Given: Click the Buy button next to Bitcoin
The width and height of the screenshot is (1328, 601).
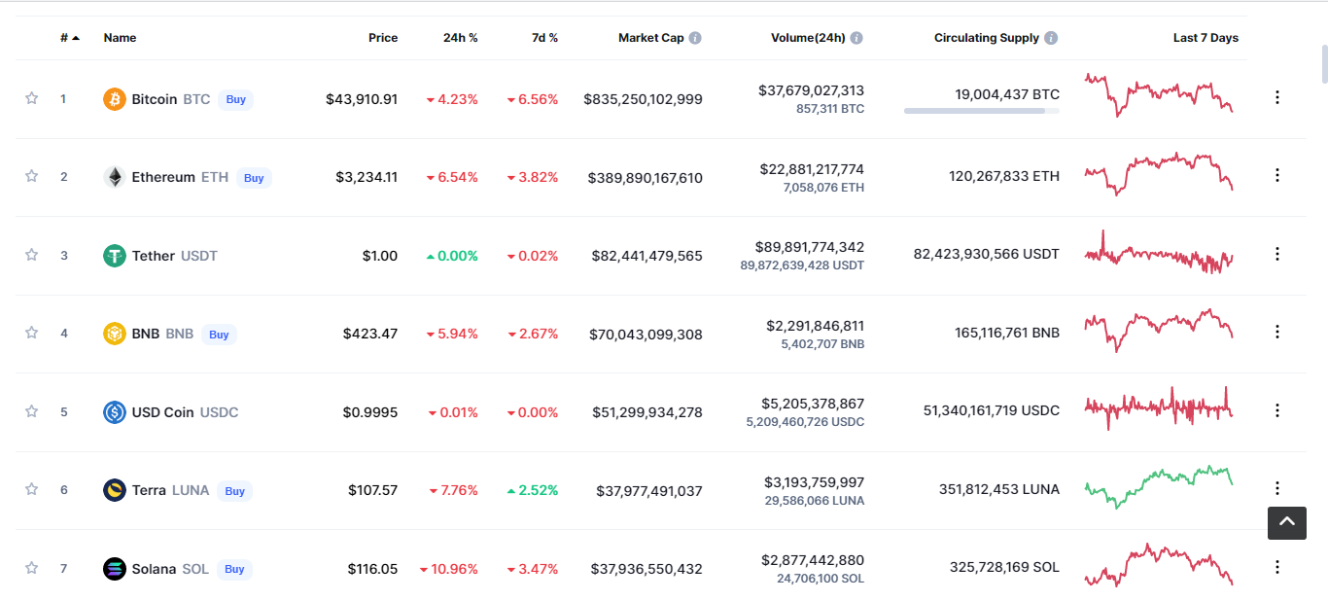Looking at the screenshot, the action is pyautogui.click(x=235, y=99).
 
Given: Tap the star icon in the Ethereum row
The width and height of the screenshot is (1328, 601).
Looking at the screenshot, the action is pyautogui.click(x=31, y=176).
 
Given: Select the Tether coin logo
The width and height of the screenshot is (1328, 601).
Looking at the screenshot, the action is pyautogui.click(x=115, y=256).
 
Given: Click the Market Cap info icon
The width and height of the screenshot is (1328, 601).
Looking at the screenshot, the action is pyautogui.click(x=695, y=38).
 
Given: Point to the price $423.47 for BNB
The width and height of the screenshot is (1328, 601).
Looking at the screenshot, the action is pyautogui.click(x=370, y=334).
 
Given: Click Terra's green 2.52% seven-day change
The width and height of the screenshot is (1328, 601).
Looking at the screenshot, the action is pyautogui.click(x=533, y=490).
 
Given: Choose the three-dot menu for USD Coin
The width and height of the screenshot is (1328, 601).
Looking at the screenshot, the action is pyautogui.click(x=1277, y=410).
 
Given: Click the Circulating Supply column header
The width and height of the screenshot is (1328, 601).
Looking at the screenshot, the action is pyautogui.click(x=987, y=38).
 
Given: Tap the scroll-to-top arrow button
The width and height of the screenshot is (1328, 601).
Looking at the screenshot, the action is pyautogui.click(x=1286, y=522).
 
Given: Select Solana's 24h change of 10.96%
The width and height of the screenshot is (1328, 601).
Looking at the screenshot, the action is pyautogui.click(x=448, y=569).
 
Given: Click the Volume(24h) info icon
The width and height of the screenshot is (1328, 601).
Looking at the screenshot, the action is pyautogui.click(x=856, y=38).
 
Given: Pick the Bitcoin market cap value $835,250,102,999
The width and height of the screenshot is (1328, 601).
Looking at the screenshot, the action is pyautogui.click(x=643, y=99).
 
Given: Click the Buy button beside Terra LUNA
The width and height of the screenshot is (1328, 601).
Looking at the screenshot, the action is pyautogui.click(x=234, y=491).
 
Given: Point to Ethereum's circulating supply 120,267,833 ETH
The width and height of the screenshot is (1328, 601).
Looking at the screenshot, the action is pyautogui.click(x=1003, y=176).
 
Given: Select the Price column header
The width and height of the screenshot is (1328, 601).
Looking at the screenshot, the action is pyautogui.click(x=383, y=38).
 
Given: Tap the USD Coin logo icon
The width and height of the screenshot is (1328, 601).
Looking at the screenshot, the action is pyautogui.click(x=115, y=411).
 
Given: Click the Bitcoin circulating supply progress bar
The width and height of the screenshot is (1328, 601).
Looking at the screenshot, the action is pyautogui.click(x=981, y=111).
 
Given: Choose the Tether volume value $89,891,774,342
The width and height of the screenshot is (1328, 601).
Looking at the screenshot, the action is pyautogui.click(x=809, y=247).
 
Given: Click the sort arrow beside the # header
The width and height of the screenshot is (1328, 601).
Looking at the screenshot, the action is pyautogui.click(x=76, y=38).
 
